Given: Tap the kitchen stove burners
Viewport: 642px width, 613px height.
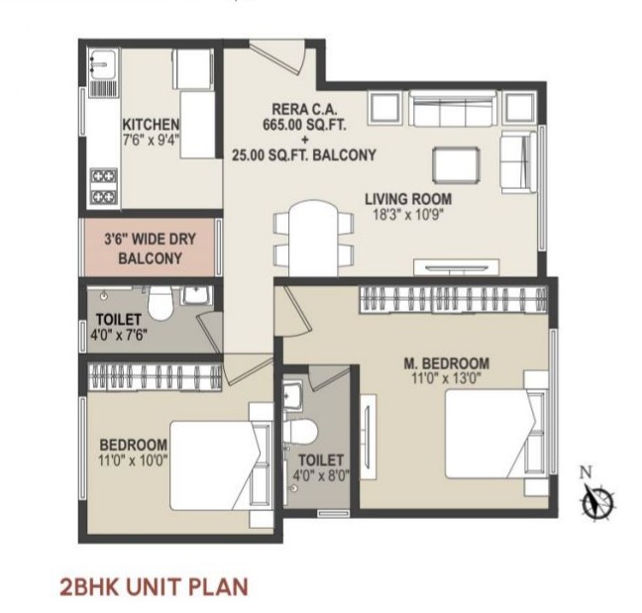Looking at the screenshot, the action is (x=104, y=186).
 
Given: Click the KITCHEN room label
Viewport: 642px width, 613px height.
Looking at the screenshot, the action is (x=151, y=124).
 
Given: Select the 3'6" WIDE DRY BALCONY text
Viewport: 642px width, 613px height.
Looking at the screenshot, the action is (x=150, y=249).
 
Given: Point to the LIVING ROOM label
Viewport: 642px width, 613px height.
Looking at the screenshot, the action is (x=408, y=199).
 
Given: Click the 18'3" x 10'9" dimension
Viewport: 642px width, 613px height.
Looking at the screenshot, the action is (x=408, y=215).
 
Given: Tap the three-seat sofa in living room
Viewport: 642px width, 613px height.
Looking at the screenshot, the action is (x=454, y=109).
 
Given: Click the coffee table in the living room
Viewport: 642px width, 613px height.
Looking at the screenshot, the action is (x=456, y=165).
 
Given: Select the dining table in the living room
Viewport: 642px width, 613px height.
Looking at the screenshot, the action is (x=313, y=238).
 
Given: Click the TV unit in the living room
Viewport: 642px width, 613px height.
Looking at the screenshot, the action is (x=456, y=267).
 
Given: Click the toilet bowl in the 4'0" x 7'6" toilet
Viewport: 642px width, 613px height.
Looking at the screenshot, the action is (x=160, y=302).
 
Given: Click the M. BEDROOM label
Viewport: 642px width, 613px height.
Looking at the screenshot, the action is (x=446, y=363).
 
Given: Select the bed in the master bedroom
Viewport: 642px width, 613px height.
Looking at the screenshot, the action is (x=496, y=434).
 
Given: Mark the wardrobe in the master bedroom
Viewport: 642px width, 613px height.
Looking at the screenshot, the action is (x=453, y=299).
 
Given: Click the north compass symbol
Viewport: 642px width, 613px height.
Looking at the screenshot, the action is (x=597, y=497).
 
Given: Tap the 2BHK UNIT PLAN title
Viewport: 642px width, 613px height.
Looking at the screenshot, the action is (x=154, y=586).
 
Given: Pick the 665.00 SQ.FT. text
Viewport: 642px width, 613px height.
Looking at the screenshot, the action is (x=304, y=124).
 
